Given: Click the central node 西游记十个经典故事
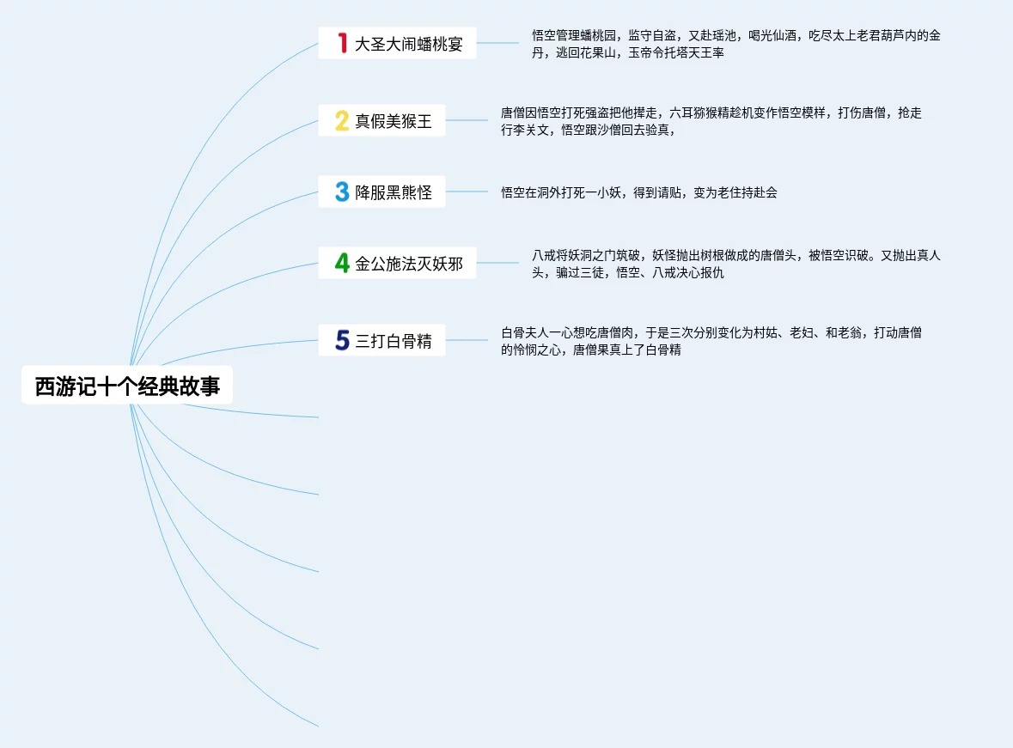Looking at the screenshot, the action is [x=127, y=386].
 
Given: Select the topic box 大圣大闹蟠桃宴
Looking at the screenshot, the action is [x=397, y=43].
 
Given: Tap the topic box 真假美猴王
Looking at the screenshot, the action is [x=381, y=121].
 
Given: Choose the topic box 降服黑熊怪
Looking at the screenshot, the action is [x=381, y=192].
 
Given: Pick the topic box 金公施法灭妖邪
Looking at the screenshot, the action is [x=397, y=264].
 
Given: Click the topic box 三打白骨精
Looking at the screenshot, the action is [x=381, y=341].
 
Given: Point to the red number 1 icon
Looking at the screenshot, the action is [x=342, y=43].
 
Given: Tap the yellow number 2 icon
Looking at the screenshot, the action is [x=342, y=121].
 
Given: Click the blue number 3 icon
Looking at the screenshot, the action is [x=342, y=192].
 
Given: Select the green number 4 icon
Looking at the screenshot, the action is [x=342, y=264].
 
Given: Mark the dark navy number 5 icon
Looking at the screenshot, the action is [x=342, y=341].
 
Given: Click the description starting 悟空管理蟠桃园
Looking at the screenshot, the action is [x=735, y=44].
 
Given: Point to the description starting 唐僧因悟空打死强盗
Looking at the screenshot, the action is [x=711, y=121].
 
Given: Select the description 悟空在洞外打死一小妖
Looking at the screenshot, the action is [x=639, y=192].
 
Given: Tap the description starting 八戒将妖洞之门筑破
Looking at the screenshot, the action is [x=735, y=264].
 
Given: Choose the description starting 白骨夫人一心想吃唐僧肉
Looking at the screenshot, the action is [x=711, y=342].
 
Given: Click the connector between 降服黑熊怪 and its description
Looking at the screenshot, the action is [x=467, y=192].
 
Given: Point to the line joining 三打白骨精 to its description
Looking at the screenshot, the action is [x=467, y=341].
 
